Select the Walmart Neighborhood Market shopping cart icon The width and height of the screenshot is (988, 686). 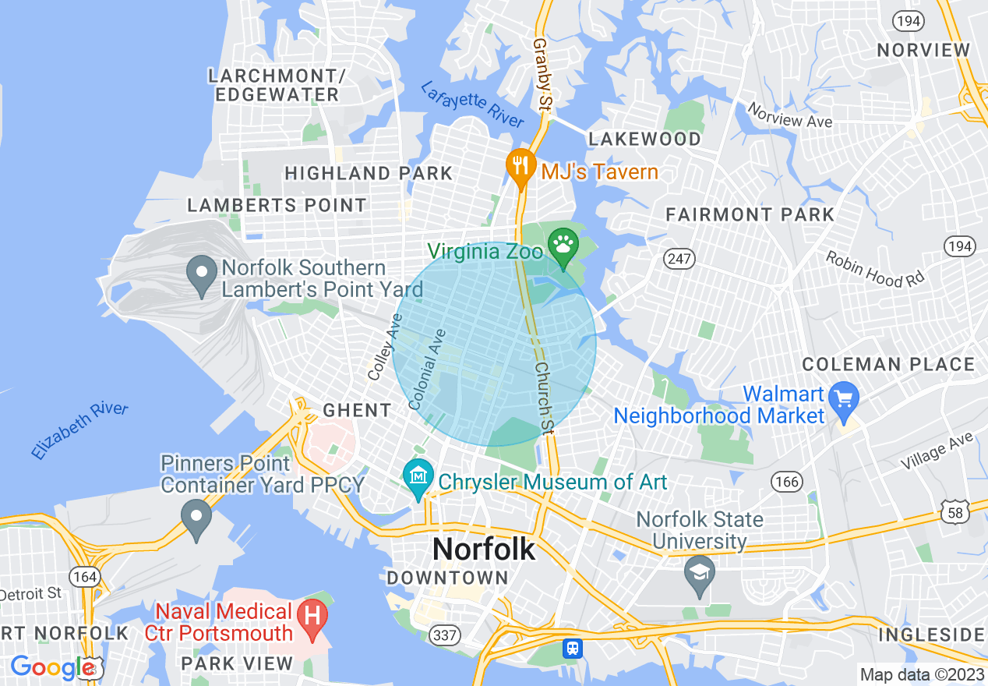pos(843,398)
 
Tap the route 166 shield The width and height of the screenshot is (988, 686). pos(787,482)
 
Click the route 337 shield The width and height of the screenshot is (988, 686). pos(445,635)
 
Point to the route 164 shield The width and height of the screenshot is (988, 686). pos(83,577)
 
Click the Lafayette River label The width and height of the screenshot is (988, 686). pos(472,104)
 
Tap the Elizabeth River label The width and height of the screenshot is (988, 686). pos(80,430)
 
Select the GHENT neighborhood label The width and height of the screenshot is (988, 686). pos(357,410)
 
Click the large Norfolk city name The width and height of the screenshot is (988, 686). pos(484,549)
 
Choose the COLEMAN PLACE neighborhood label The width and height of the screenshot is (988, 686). pos(888,364)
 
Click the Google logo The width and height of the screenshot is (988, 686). pos(52,667)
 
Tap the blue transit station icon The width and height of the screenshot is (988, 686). pos(573,648)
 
